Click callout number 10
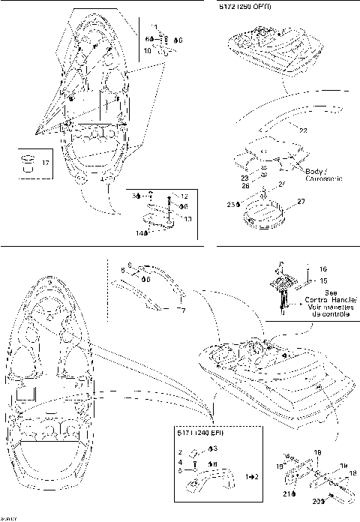point(147,52)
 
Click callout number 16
point(322,268)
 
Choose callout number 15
point(322,280)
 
